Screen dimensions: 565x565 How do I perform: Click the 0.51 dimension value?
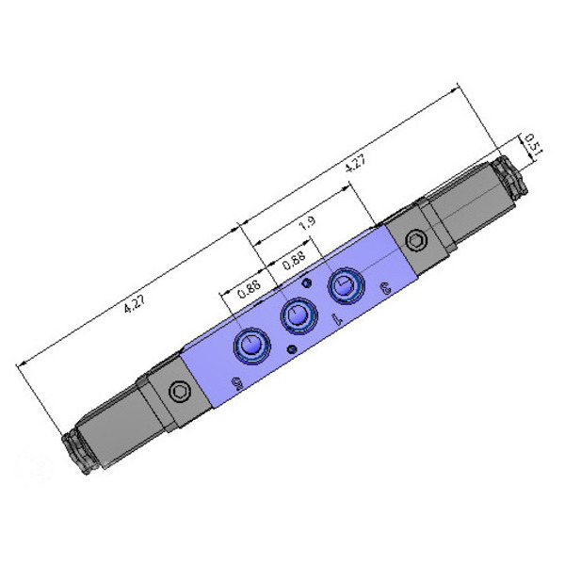click(533, 144)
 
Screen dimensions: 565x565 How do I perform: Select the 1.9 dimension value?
click(308, 222)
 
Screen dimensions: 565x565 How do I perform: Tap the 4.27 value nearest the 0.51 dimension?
click(355, 163)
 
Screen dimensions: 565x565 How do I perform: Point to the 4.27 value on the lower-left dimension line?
click(134, 305)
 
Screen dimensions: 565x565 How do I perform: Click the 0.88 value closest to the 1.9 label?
click(294, 260)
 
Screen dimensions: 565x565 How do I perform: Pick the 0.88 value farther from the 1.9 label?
click(249, 289)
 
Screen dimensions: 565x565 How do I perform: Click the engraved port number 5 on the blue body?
click(236, 384)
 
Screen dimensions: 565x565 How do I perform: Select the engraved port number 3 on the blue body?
click(385, 290)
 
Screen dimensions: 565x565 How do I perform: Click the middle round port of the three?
click(299, 315)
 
